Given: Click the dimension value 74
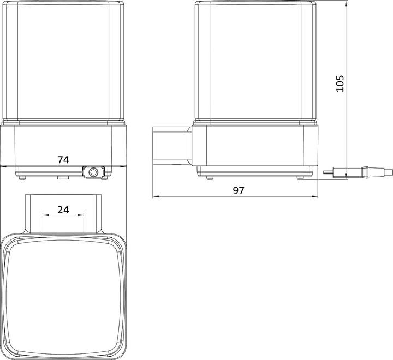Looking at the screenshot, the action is pos(63,160).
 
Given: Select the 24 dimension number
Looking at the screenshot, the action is pos(63,209).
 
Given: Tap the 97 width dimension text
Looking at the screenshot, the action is pos(239,191).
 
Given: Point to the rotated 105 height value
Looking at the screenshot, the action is pos(340,83).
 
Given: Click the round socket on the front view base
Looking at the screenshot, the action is pos(93,172).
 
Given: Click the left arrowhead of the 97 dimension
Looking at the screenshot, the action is pos(156,197).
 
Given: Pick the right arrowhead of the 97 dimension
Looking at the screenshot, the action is pos(315,197).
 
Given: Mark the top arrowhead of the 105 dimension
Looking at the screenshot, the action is pos(346,4).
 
